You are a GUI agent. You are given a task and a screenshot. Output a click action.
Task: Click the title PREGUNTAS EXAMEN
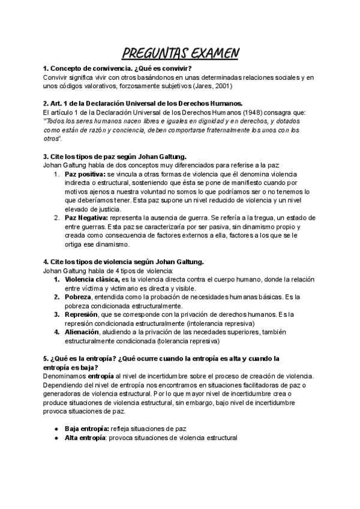[180, 53]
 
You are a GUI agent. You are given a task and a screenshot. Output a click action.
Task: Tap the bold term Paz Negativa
[86, 218]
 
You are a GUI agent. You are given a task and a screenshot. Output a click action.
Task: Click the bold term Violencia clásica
[92, 279]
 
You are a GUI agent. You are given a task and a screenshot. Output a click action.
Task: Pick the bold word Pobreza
[78, 297]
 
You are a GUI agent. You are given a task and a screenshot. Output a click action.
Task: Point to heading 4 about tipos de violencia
[124, 261]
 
